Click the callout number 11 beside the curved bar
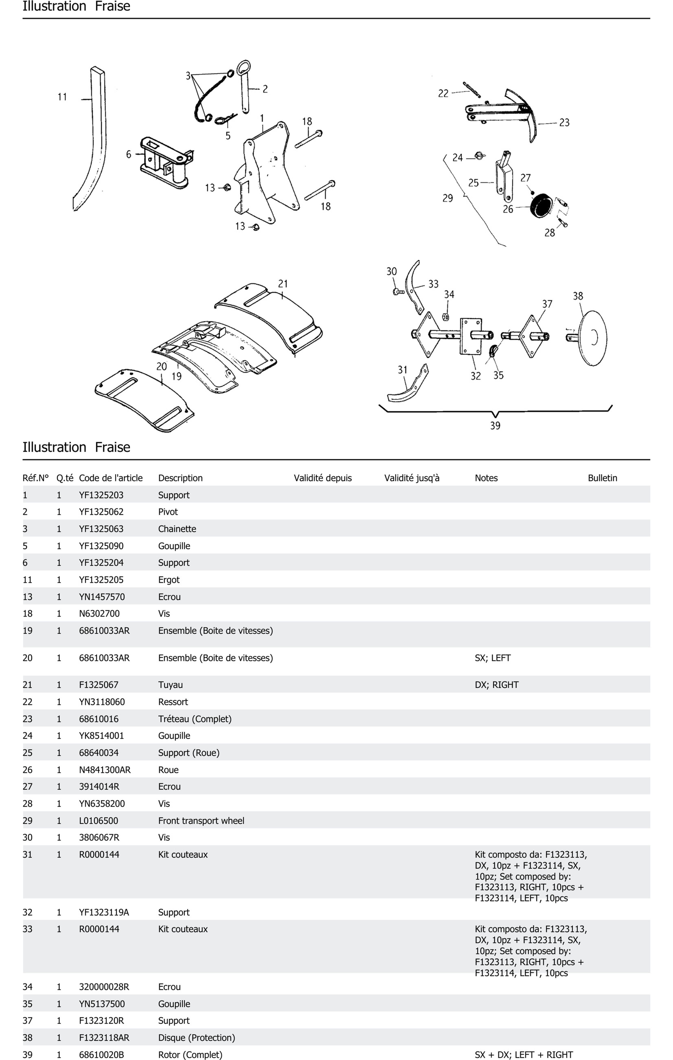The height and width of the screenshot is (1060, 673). coord(62,97)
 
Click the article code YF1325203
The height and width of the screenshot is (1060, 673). coord(101,495)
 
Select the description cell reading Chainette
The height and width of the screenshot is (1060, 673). coord(177,529)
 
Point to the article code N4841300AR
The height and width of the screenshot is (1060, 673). coord(105,770)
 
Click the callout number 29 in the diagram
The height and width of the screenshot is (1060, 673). coord(448,198)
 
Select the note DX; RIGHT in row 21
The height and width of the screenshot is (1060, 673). coord(497,684)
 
